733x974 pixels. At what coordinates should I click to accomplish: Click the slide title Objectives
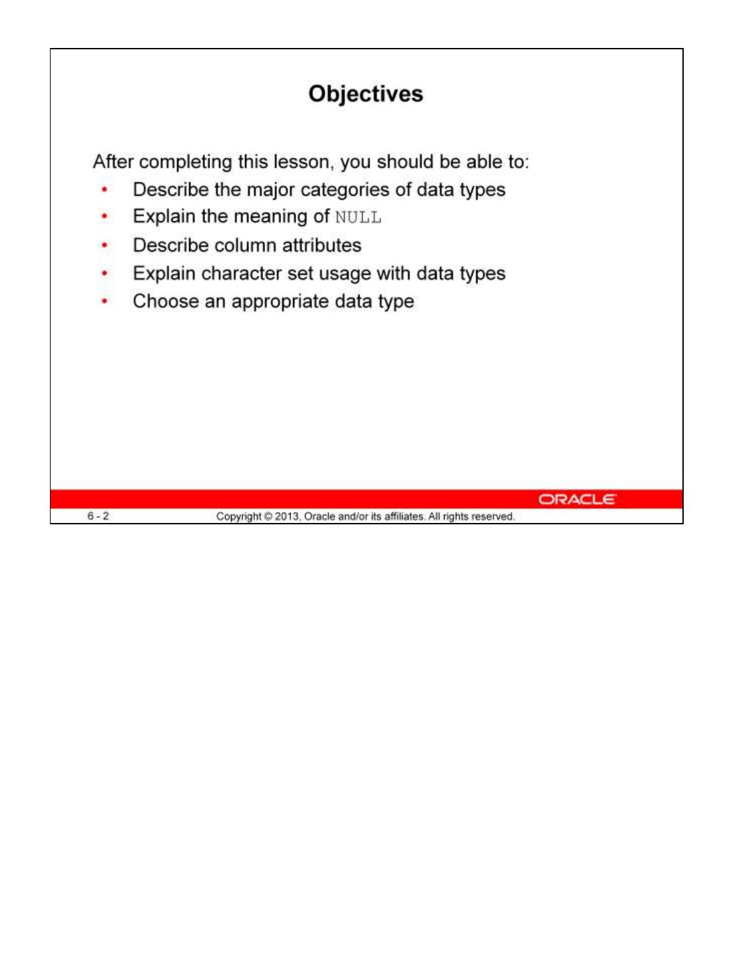(x=366, y=94)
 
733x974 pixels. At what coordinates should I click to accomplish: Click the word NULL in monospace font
(x=358, y=218)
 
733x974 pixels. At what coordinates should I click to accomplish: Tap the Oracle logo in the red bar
(x=577, y=499)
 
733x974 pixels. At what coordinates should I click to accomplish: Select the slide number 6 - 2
(x=98, y=516)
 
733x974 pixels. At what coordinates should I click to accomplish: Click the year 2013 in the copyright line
(x=287, y=516)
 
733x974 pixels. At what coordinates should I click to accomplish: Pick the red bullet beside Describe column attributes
(x=105, y=245)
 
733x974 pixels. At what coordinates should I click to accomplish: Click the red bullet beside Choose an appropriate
(x=105, y=301)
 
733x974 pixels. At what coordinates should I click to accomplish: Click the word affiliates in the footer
(x=404, y=516)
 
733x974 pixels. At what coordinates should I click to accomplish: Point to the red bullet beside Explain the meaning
(x=105, y=217)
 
